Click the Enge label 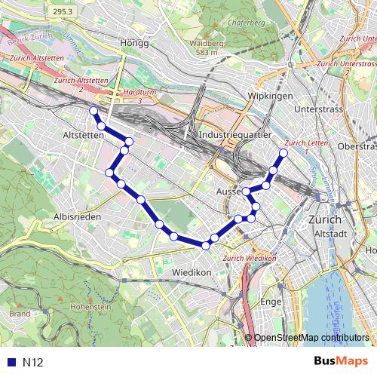coord(270,302)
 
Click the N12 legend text coord(32,363)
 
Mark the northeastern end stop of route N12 coord(284,154)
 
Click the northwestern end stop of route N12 coord(93,111)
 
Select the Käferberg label coord(249,23)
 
